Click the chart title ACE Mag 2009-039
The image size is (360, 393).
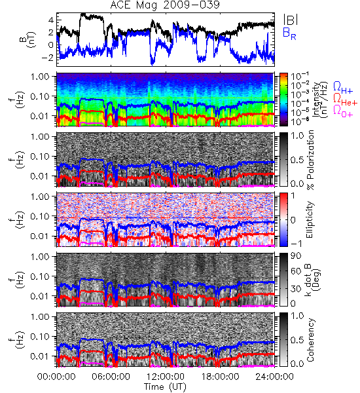point(165,5)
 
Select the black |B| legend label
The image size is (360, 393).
point(291,20)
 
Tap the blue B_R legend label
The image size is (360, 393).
point(289,33)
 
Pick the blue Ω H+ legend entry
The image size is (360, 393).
point(343,88)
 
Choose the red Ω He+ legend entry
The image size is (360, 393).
point(346,100)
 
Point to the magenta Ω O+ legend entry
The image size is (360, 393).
point(343,111)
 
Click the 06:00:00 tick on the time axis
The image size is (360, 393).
point(111,377)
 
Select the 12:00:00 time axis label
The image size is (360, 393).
point(166,377)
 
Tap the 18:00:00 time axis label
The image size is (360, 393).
point(220,377)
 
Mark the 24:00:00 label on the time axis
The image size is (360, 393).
point(274,377)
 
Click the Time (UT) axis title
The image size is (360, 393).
point(166,387)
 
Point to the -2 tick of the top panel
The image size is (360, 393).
point(47,58)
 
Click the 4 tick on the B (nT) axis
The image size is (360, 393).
point(51,20)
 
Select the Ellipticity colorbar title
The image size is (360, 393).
point(310,220)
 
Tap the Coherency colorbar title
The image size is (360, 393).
point(310,340)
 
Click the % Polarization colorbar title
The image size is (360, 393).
point(310,160)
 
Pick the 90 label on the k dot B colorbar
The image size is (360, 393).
point(296,256)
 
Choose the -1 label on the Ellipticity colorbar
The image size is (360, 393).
point(296,244)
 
